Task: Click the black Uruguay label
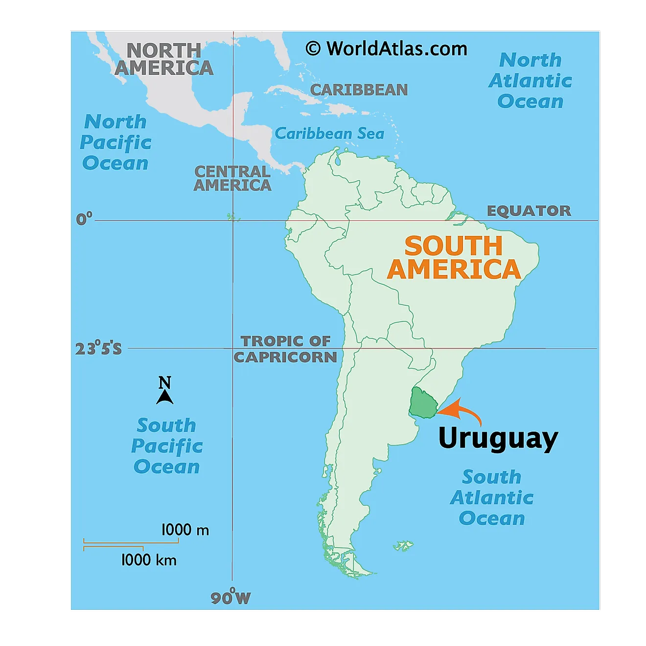(x=498, y=438)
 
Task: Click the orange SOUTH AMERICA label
(x=454, y=258)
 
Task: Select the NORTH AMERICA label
(x=164, y=59)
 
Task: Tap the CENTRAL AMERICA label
(x=232, y=178)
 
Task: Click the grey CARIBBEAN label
(x=359, y=90)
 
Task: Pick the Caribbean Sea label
(x=329, y=133)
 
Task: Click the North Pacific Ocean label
(x=115, y=142)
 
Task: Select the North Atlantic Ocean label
(x=531, y=81)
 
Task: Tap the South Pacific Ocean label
(x=166, y=446)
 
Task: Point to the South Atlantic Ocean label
(x=492, y=497)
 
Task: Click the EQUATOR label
(x=529, y=211)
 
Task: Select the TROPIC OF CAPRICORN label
(x=286, y=349)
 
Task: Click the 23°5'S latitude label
(x=98, y=349)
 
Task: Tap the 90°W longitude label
(x=231, y=598)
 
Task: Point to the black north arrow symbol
(x=165, y=395)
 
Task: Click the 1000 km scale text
(x=149, y=559)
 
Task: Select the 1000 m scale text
(x=185, y=530)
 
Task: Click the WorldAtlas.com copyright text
(x=387, y=49)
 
